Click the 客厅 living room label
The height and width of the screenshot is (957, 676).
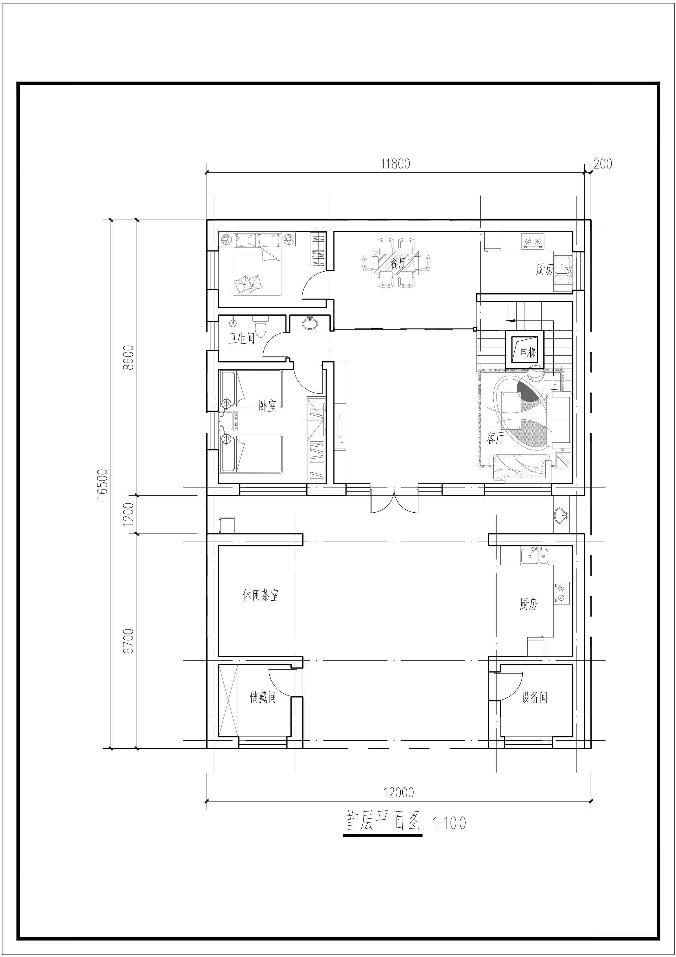pos(496,438)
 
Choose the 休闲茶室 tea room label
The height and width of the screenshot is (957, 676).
pos(260,595)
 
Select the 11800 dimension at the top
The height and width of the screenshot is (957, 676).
pos(396,164)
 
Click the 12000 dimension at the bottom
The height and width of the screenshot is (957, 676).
pos(399,792)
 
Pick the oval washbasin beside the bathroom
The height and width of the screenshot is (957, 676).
pos(309,323)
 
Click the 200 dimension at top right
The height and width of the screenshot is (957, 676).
pos(603,164)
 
